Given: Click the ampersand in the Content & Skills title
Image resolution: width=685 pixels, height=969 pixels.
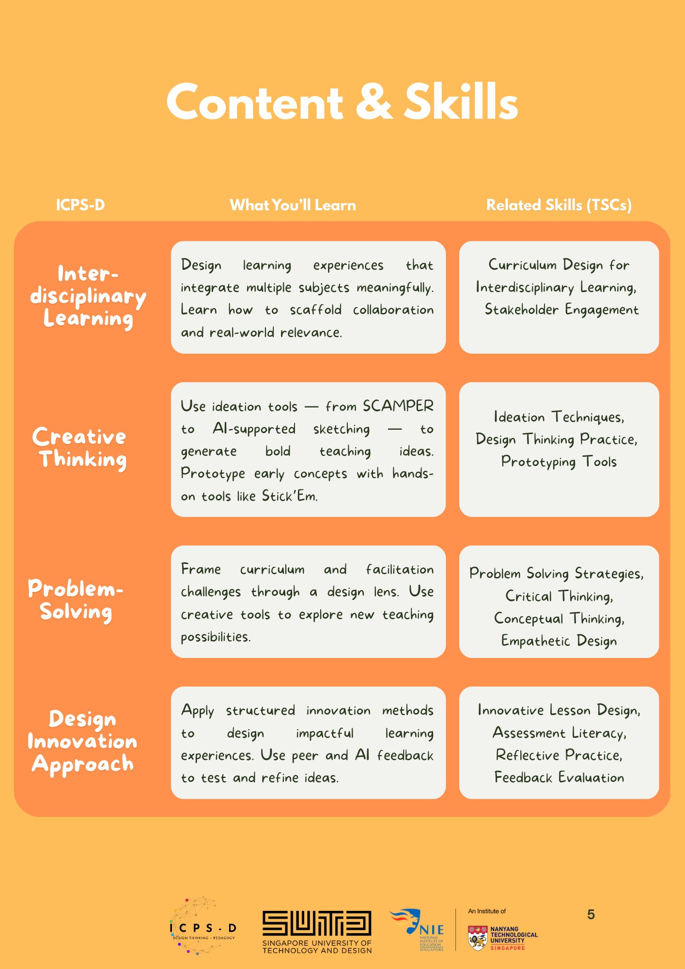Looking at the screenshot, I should point(374,102).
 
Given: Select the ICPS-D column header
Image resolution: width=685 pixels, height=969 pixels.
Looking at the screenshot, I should point(80,205).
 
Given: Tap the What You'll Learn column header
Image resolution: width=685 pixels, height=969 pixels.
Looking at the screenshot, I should point(293,205).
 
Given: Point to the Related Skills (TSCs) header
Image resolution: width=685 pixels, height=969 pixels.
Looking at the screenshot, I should point(559,205).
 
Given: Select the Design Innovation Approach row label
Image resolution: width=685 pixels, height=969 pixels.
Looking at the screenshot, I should point(82,741).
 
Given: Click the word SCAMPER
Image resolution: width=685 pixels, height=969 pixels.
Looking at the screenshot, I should point(398,406).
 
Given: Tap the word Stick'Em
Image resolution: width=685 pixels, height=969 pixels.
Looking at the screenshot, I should point(289,496).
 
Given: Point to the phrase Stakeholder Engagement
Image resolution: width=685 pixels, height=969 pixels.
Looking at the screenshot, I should point(561,310).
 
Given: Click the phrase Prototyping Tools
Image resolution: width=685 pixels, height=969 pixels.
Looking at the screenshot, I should point(559,462).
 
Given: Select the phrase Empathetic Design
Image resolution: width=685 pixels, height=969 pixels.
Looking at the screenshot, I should point(559,641).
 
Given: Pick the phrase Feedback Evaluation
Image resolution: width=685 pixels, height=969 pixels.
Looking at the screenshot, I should point(559,778).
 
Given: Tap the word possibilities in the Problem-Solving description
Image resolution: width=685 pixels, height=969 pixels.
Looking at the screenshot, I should point(215,637).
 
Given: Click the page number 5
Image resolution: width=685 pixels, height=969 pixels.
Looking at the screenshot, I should point(591,915).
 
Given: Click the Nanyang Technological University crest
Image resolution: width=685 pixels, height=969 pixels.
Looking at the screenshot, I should point(478,938).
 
